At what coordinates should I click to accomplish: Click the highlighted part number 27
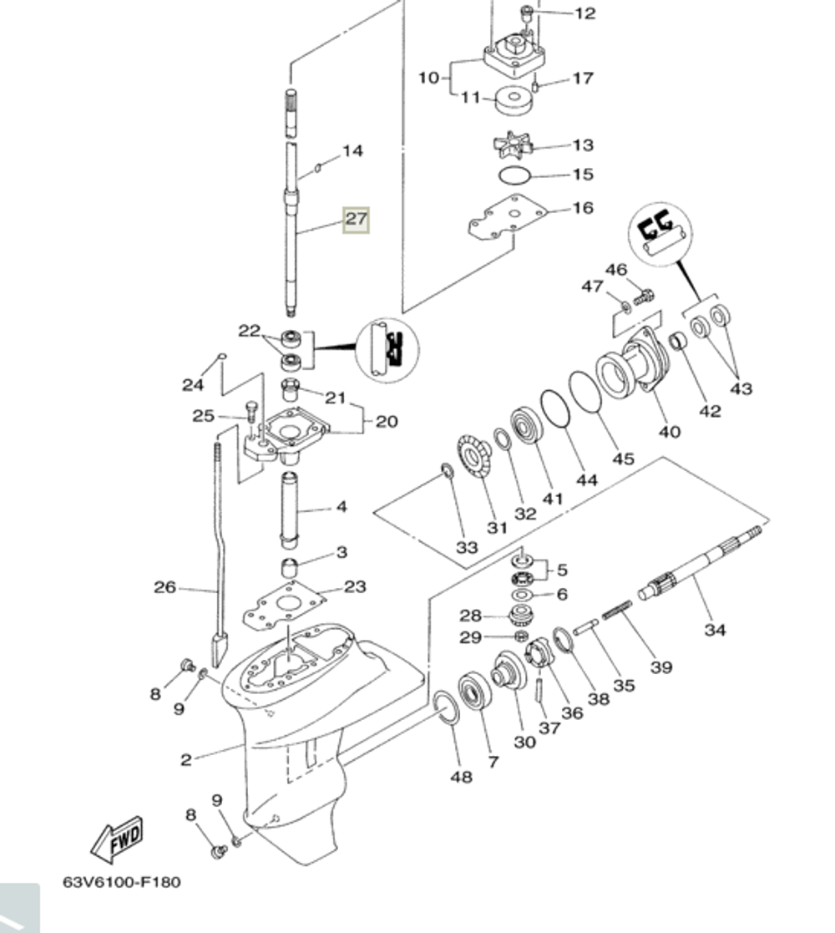[356, 220]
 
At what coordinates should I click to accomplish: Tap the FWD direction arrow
[118, 839]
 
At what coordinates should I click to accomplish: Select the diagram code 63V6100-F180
[121, 881]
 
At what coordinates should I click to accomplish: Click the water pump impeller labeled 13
[511, 143]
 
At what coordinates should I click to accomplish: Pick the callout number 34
[715, 629]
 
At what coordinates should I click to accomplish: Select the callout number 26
[164, 587]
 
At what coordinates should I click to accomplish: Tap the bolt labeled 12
[527, 13]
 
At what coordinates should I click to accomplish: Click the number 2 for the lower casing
[185, 759]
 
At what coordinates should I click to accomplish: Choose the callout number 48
[461, 777]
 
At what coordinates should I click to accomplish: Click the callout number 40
[669, 431]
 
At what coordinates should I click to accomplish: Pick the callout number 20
[386, 421]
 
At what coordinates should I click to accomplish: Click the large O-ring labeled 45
[585, 392]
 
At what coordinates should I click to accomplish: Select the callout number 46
[615, 270]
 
